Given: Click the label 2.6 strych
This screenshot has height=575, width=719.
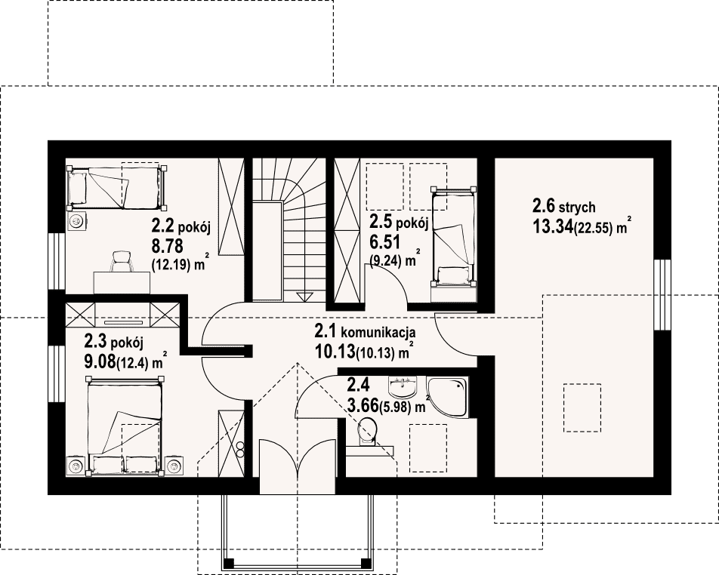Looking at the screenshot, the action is pos(563,207).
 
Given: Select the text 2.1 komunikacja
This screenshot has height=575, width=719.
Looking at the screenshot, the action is pos(365,331).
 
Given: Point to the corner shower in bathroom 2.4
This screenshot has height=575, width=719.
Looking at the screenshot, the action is pos(448,397).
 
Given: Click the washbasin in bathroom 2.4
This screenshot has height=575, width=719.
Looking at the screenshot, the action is pos(402,386).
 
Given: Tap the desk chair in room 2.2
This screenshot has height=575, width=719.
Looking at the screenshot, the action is pos(121,262).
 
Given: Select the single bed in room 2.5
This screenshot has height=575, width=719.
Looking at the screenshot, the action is pos(452,237).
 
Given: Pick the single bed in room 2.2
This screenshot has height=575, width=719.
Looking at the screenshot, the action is pos(116,187).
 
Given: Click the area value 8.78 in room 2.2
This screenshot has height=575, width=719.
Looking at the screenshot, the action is pos(167,247).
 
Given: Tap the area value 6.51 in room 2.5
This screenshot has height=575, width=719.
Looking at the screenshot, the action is pos(385,241).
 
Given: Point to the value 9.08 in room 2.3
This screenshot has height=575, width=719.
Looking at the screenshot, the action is pos(100,362).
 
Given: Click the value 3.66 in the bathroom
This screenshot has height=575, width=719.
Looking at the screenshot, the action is pos(363,405).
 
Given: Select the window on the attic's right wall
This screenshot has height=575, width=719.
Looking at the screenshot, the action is pos(662,294).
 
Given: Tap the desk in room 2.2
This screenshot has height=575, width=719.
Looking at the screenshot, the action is pos(122,283).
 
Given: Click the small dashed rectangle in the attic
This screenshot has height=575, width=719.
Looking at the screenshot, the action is pos(582,407).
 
